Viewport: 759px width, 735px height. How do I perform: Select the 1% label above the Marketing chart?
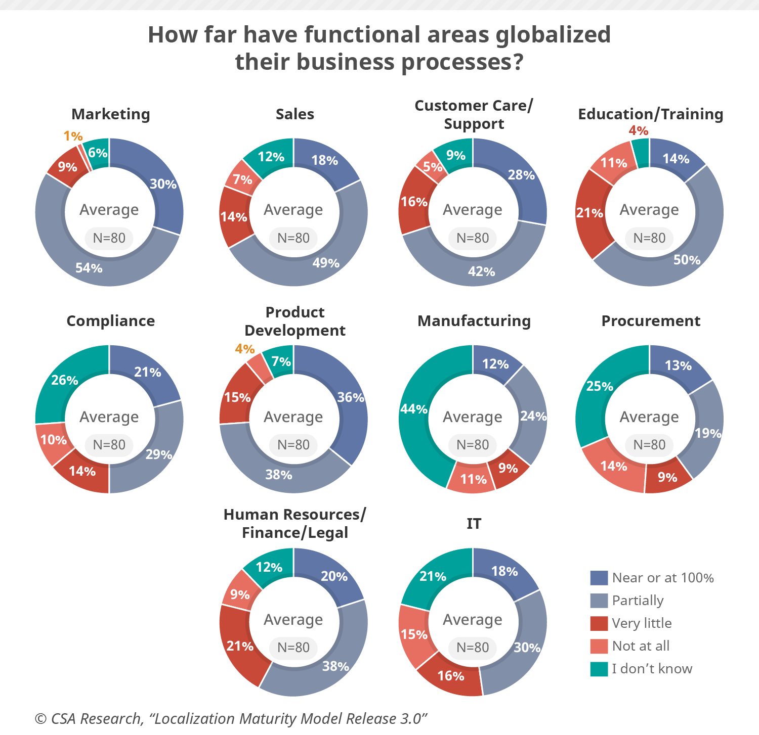tap(73, 136)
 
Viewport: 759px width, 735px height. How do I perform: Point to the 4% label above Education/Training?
tap(639, 131)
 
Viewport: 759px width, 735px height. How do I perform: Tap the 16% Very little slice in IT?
tap(450, 676)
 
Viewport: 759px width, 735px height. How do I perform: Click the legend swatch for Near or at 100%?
tap(599, 578)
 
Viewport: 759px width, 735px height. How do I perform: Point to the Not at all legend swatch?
tap(599, 646)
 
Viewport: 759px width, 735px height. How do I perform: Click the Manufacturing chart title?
tap(474, 321)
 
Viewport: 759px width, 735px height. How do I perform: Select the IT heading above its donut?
tap(474, 524)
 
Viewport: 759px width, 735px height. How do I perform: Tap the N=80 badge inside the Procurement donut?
tap(650, 445)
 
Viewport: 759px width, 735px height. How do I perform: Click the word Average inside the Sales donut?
tap(293, 210)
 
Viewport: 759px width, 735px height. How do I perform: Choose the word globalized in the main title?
tap(553, 35)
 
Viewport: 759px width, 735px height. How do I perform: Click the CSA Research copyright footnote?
tap(231, 719)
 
